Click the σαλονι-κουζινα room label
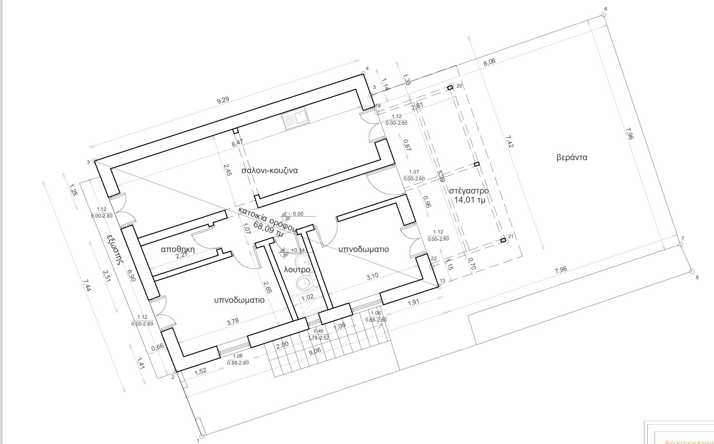point(269,170)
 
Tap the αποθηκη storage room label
point(177,249)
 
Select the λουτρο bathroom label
point(297,269)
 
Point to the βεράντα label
point(572,157)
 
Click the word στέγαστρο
point(468,190)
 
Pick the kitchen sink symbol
point(295,119)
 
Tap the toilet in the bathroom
point(304,283)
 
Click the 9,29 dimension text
point(223,101)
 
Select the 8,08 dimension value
point(490,62)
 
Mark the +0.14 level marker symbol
point(284,251)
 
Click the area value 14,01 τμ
point(469,200)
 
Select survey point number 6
point(603,14)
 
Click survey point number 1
point(202,436)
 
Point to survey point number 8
point(691,271)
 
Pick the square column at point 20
point(450,88)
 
